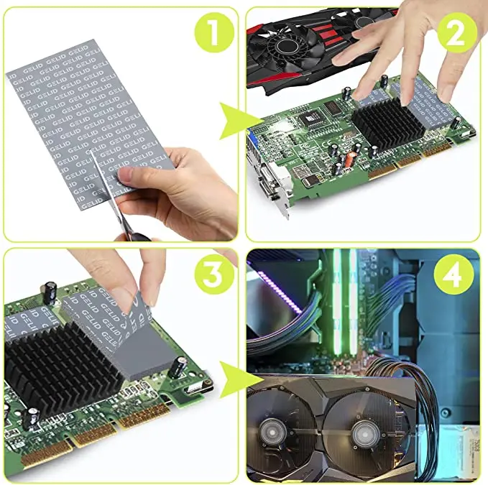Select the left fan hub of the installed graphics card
277,435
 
